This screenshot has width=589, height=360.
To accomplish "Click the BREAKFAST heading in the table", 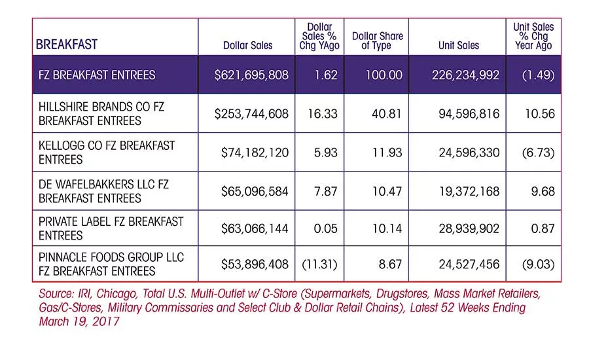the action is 67,45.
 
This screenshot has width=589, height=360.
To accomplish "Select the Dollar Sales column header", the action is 248,45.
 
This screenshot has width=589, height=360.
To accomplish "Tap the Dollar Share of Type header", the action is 377,41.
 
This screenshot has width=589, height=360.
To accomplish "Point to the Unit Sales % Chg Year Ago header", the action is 533,36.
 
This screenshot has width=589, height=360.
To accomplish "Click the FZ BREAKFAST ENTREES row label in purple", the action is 97,75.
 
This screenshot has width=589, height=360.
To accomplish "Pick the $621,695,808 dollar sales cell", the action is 252,75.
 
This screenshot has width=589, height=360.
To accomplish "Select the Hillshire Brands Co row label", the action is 101,113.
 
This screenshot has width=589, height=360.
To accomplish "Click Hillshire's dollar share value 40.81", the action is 387,113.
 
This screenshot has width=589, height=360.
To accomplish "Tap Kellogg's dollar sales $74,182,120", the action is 255,153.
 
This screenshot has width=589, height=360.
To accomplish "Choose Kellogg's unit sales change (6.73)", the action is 539,153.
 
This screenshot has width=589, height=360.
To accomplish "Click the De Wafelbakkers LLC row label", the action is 103,191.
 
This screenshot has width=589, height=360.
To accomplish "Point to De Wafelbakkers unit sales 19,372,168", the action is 469,191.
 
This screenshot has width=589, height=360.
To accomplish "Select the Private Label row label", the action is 111,228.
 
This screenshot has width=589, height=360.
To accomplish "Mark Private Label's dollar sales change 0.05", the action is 326,228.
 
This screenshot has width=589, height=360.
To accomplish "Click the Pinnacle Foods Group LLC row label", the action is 111,264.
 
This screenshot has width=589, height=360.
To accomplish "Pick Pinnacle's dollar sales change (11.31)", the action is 319,264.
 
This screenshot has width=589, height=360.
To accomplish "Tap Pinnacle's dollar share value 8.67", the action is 390,264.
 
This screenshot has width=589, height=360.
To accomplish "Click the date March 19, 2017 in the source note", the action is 79,321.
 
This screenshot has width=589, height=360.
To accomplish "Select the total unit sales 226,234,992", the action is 466,75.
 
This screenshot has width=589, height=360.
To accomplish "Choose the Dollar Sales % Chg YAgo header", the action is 319,36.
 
